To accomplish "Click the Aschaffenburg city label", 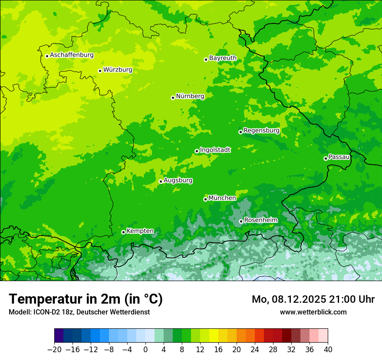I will coord(72,55).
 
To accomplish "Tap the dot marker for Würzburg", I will coord(100,71).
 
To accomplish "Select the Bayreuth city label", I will coord(223,58).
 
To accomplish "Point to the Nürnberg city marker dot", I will coord(173,98).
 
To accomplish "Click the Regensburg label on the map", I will coord(261,131).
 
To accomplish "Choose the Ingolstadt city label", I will coord(215,150).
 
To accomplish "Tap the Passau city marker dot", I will coord(326,158).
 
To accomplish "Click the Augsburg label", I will coord(178,180).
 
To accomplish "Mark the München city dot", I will coord(205,199).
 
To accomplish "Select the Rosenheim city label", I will coord(260,220).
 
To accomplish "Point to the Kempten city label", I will coord(140,231).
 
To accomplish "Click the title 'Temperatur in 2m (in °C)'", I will coord(86,299).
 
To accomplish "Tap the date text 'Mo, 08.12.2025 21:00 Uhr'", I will coord(313,299).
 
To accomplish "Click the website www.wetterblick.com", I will coord(313,312).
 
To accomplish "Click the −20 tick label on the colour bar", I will coord(54,350).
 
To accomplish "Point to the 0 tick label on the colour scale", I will coord(145,350).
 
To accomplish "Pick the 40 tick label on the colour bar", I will coord(328,350).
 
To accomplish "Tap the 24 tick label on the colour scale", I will coord(255,350).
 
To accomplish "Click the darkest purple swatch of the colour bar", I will coord(59,336).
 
